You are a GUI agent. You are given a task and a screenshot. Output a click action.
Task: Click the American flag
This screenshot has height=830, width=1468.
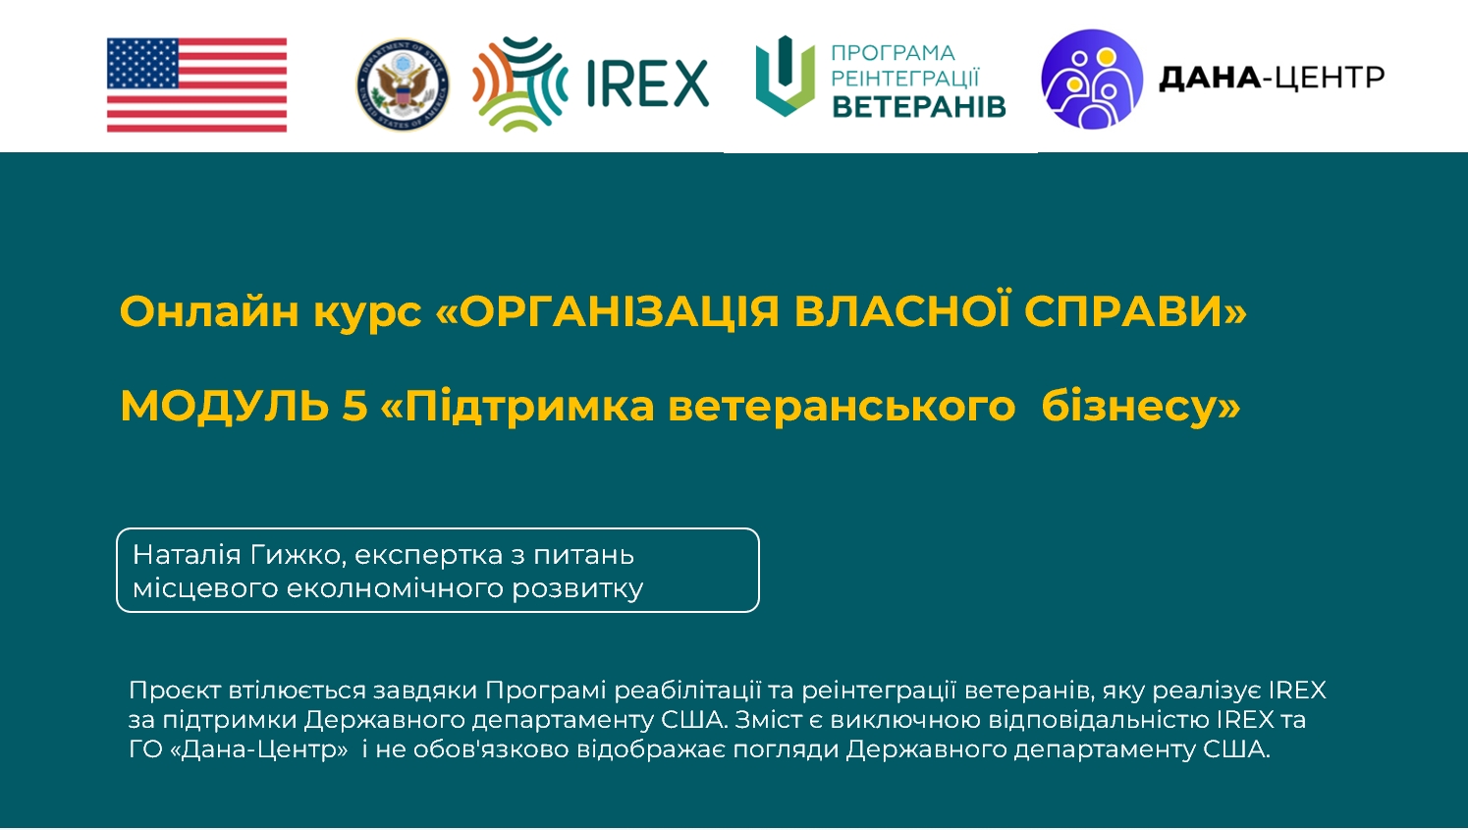[196, 84]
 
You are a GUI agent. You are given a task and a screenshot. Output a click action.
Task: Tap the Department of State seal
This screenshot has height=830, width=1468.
[403, 84]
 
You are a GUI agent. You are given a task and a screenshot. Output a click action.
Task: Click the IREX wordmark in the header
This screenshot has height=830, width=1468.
[647, 83]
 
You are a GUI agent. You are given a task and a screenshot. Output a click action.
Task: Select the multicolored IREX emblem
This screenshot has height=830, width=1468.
[519, 83]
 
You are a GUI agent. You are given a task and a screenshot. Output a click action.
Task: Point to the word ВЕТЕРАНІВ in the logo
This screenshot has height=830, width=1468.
[919, 107]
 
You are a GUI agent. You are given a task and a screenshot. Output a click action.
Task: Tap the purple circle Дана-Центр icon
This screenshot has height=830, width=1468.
[1092, 79]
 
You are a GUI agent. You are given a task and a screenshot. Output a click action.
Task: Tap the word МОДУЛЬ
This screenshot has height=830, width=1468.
[224, 406]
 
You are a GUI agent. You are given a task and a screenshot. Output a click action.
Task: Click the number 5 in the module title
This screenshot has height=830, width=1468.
[354, 405]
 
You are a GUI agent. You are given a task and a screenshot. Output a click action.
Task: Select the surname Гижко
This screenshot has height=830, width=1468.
[299, 555]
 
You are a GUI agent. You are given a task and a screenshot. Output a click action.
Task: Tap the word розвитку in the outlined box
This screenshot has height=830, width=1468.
[577, 588]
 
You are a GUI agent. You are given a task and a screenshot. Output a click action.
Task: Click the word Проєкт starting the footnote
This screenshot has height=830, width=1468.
[175, 691]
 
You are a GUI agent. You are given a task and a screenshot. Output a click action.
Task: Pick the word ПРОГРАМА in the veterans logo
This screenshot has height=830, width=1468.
[894, 52]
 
